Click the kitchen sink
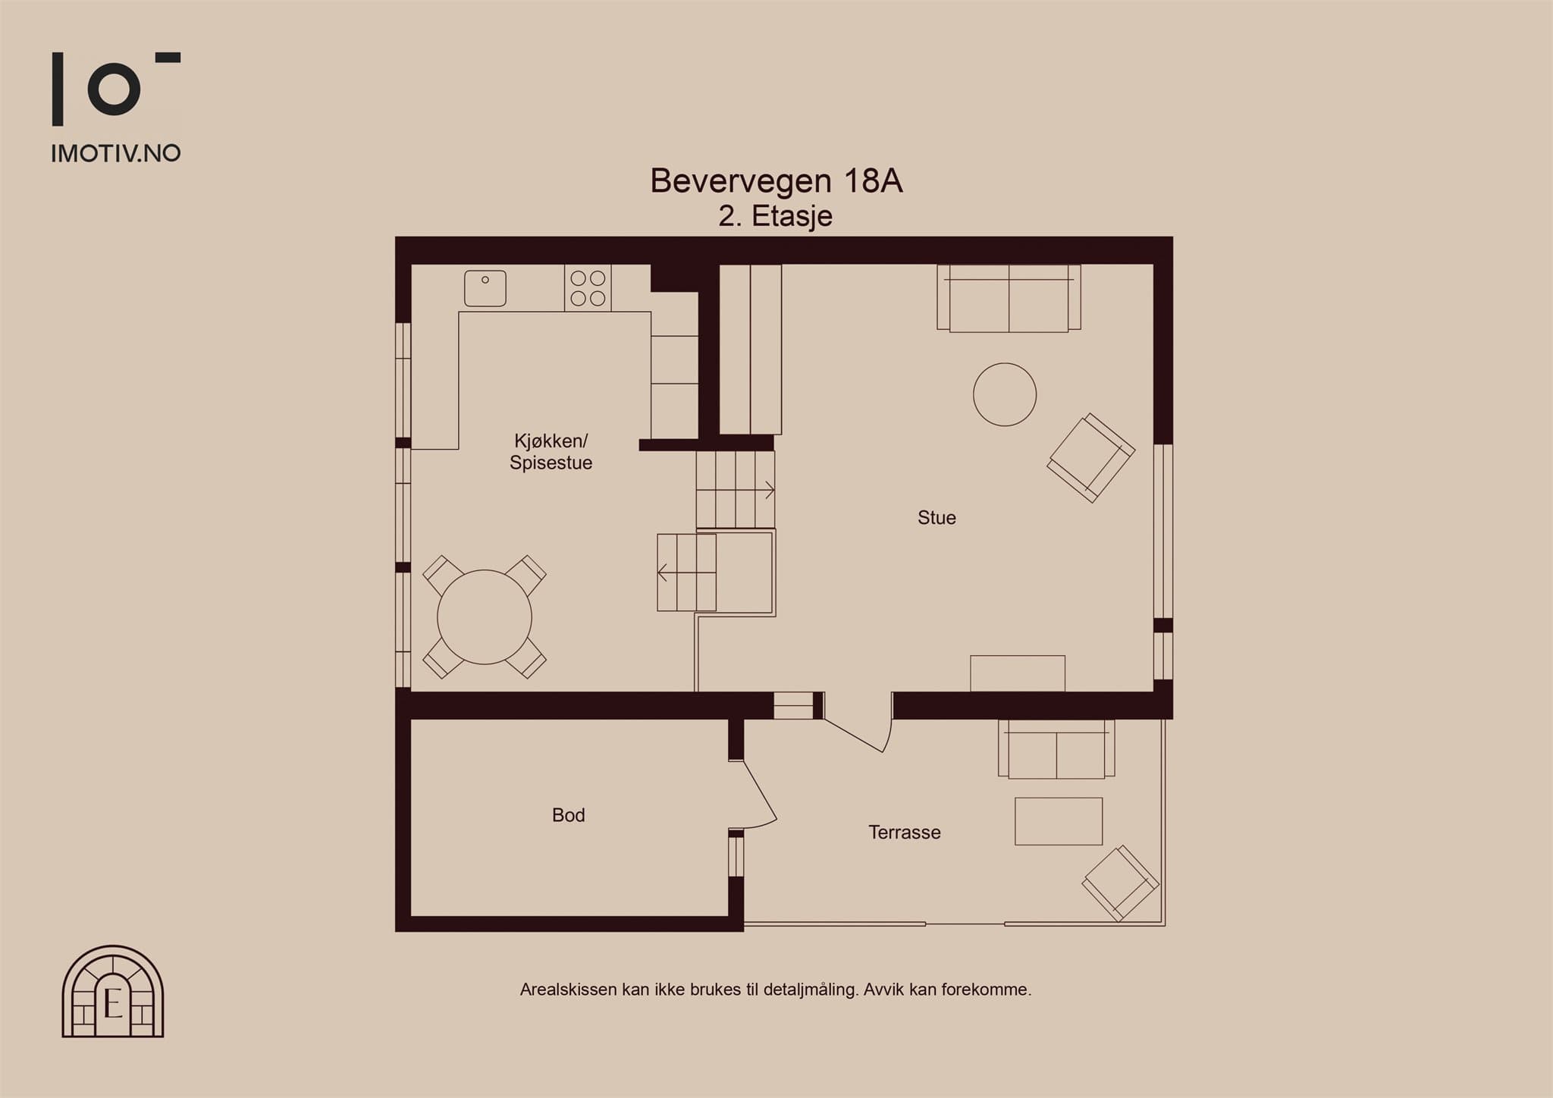485,288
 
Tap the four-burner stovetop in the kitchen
588,288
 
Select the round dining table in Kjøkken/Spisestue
485,616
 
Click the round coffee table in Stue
1005,394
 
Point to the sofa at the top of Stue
1009,298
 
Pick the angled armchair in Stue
1090,458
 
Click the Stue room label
937,518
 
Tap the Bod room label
569,815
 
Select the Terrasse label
905,833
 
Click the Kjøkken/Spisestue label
551,452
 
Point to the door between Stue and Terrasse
858,722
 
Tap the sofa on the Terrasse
1056,748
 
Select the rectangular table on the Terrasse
1059,821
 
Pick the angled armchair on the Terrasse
1120,883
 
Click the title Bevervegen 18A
776,181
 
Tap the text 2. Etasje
776,217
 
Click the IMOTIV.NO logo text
116,154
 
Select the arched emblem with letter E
113,992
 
